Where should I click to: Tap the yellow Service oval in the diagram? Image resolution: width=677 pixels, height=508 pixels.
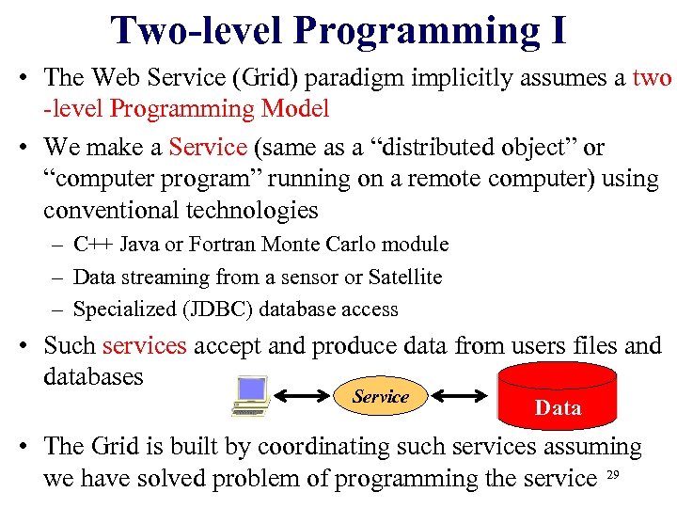[x=380, y=397]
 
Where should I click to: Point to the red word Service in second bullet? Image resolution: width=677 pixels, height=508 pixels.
[x=208, y=148]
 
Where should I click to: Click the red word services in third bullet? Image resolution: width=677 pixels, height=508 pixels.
[x=145, y=346]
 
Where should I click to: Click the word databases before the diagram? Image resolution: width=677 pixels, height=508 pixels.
[x=93, y=376]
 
